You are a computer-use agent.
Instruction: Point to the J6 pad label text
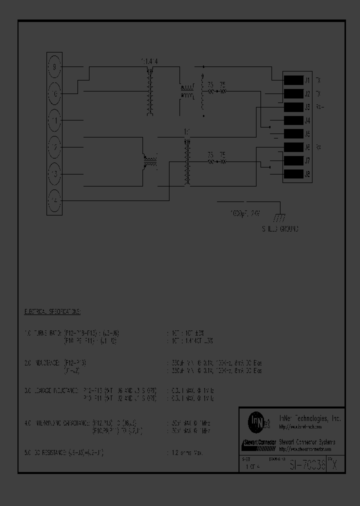tap(307, 147)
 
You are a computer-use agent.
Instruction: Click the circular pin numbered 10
tap(55, 93)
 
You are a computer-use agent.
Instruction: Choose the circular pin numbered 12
tap(55, 147)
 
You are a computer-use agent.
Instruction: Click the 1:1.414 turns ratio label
tap(149, 61)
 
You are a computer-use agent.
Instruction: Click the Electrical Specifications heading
tap(52, 311)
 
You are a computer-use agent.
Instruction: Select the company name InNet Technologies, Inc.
tap(309, 418)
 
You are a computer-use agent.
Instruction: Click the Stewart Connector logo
tap(258, 443)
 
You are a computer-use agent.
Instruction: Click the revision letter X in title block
tap(334, 465)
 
